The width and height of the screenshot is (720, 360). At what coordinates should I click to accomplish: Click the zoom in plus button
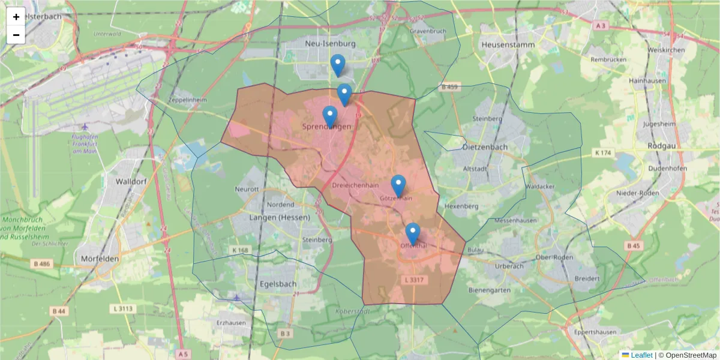tap(16, 17)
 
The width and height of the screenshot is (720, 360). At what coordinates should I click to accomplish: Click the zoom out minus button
tap(16, 35)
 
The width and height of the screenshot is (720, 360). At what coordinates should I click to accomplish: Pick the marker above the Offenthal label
tap(412, 233)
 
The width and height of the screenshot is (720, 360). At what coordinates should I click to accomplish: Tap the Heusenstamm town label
tap(507, 44)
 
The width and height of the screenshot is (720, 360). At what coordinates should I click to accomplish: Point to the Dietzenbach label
tap(485, 146)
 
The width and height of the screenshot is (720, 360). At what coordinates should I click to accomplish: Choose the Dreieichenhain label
tap(355, 186)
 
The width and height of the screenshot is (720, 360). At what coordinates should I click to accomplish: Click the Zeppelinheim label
tap(189, 100)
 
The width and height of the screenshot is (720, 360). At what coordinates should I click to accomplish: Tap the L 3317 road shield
tap(414, 280)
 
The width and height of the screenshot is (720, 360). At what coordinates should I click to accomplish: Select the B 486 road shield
tap(41, 264)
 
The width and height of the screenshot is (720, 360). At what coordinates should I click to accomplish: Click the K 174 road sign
tap(603, 154)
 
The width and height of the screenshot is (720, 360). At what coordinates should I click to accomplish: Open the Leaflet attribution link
tap(641, 355)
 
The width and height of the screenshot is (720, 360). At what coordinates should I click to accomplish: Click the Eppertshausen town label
tap(591, 332)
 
